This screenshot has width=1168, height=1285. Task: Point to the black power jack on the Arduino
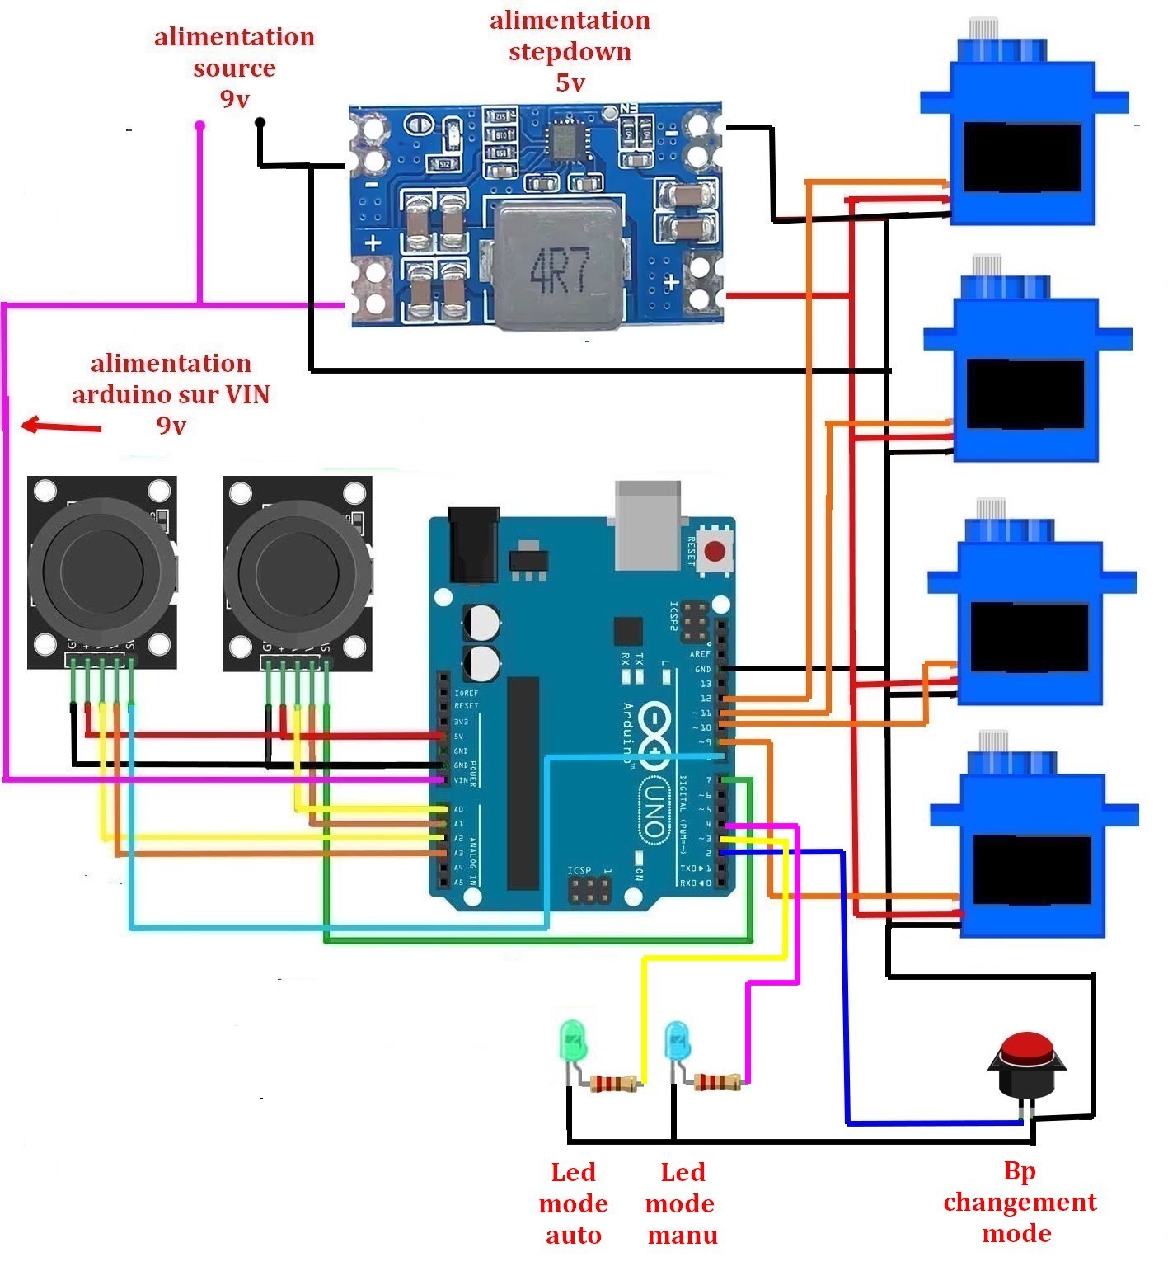click(x=473, y=544)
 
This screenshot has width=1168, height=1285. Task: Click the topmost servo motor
click(x=1022, y=140)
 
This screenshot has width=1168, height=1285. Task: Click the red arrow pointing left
click(x=61, y=426)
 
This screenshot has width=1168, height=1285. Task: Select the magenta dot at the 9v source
click(x=199, y=126)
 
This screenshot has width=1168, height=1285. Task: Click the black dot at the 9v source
click(x=260, y=124)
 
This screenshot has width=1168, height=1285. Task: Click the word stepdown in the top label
click(x=570, y=51)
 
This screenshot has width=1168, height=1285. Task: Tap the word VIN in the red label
click(x=248, y=394)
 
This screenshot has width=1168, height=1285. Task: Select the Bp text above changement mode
click(x=1020, y=1170)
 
